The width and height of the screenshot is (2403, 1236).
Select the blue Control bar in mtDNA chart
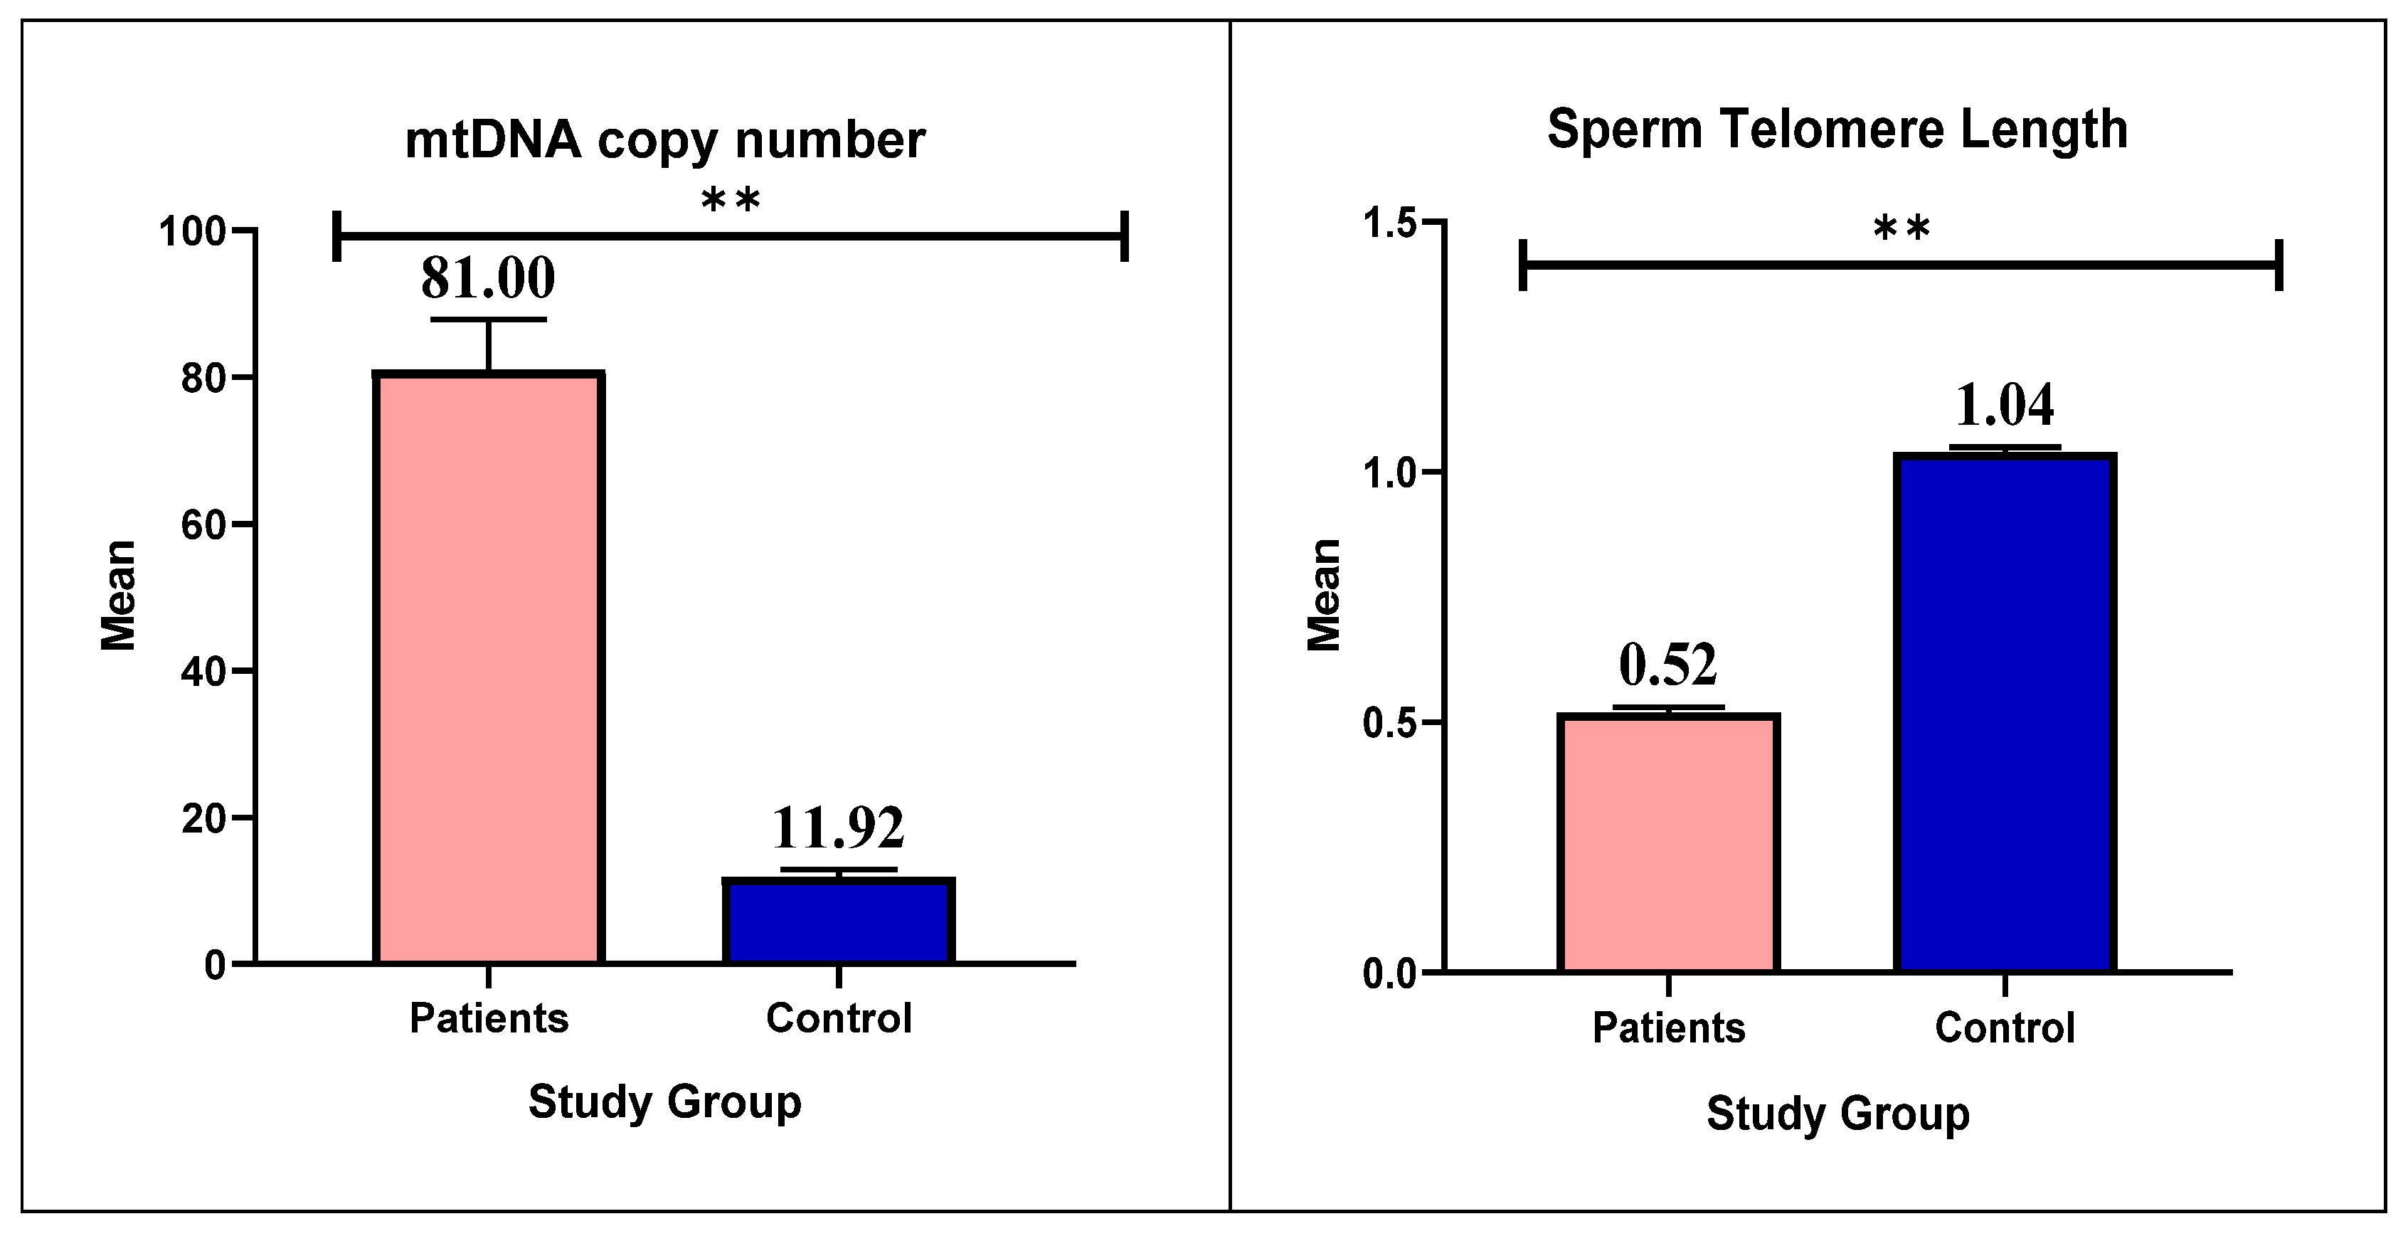tap(839, 921)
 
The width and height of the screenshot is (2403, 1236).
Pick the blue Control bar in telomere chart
tap(2005, 713)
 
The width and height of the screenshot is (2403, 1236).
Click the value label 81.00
tap(488, 278)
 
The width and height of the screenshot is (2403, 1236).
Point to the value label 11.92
tap(838, 828)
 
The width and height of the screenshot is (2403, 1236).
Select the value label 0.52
tap(1667, 665)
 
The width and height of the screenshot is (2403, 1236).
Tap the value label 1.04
tap(2004, 405)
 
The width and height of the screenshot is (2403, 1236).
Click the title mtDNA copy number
tap(665, 141)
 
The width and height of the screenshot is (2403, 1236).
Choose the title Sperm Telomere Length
tap(1837, 130)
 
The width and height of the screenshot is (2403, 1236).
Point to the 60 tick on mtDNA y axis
tap(205, 525)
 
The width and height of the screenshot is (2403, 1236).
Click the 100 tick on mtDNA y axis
tap(193, 231)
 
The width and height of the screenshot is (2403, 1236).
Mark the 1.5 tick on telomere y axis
tap(1390, 224)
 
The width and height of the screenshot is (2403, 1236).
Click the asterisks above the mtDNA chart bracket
tap(731, 201)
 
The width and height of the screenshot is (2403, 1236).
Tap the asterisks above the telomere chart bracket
tap(1901, 228)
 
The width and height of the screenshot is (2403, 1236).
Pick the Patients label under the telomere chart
tap(1668, 1028)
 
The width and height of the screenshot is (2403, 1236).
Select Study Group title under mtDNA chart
tap(665, 1102)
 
